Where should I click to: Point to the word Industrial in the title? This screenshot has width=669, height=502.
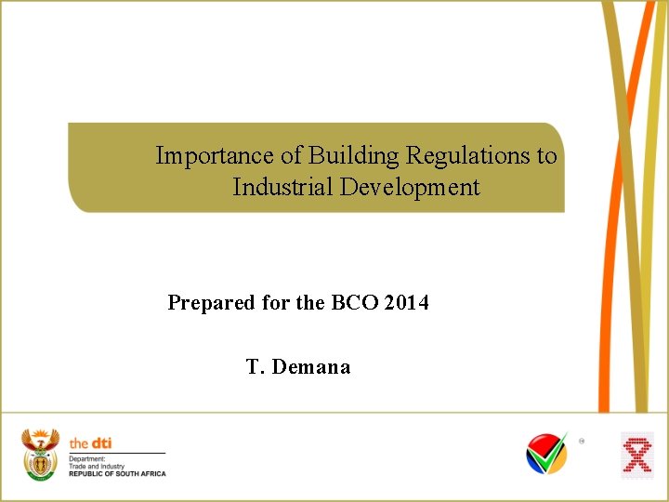click(x=282, y=187)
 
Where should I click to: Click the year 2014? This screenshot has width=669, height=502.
click(x=406, y=302)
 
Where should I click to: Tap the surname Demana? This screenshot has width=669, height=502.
click(x=312, y=367)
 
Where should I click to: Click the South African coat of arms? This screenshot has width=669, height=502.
click(x=40, y=456)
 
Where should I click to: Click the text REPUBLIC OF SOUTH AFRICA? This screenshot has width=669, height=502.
click(x=117, y=474)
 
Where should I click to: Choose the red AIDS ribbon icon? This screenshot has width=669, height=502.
click(x=636, y=456)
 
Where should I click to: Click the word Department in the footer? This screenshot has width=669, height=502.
click(x=87, y=459)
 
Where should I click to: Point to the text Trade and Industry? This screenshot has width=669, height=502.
click(x=98, y=467)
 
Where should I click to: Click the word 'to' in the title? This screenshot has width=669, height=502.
click(x=546, y=155)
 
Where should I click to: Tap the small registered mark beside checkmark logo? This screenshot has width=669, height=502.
click(x=583, y=441)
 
